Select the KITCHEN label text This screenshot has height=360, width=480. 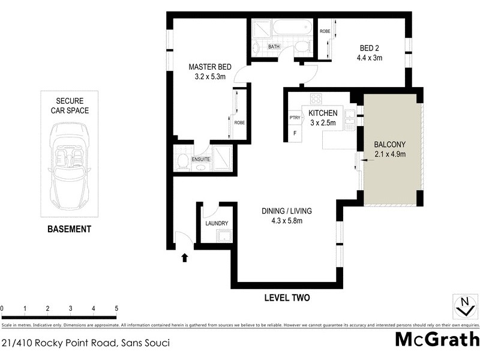tap(323, 113)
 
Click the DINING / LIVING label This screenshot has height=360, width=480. tap(286, 211)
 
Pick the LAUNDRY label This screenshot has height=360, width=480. tap(216, 224)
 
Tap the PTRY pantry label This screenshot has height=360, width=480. tap(295, 118)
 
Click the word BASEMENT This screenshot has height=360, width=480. tap(69, 229)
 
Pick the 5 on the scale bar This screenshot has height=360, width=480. tap(116, 308)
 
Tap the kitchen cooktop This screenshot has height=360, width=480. tap(316, 99)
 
